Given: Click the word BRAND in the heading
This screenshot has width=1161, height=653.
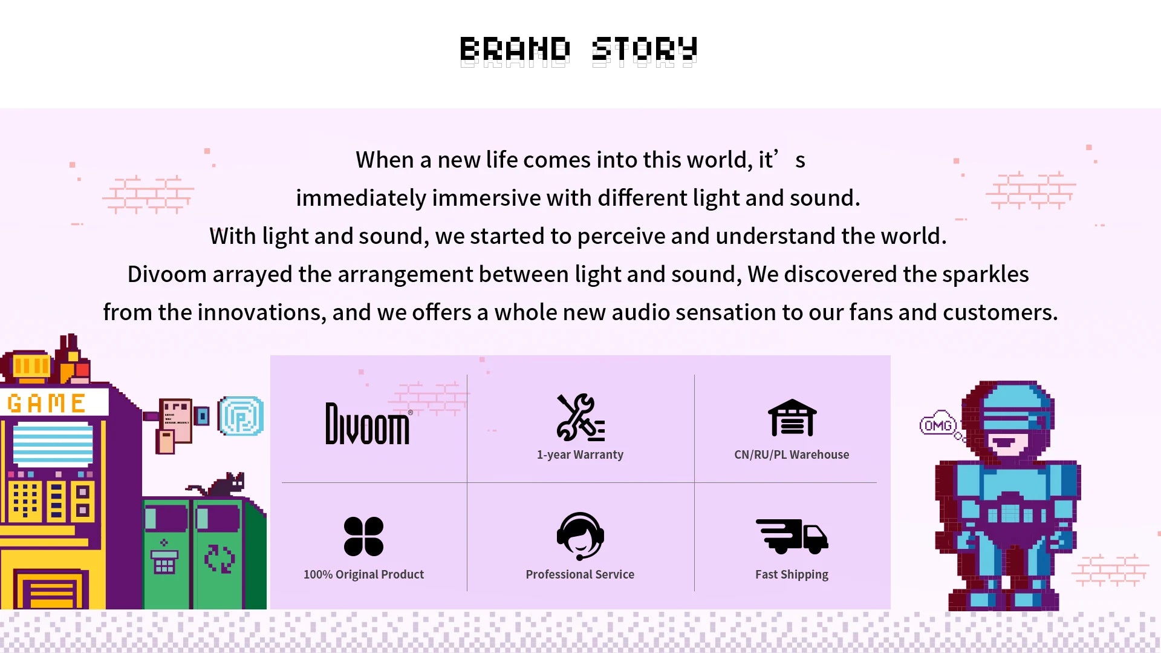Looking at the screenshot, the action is click(x=515, y=50).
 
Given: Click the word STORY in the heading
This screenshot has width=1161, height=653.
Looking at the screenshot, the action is click(x=645, y=50).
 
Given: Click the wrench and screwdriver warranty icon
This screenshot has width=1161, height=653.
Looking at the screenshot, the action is click(x=580, y=417).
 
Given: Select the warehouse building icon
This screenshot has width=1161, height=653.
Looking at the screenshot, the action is click(x=792, y=418).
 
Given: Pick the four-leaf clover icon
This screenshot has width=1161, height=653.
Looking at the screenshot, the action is click(x=363, y=536).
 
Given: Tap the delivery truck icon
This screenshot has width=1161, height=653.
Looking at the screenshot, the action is click(x=792, y=536).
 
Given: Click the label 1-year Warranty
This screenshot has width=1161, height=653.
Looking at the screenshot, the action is click(x=580, y=454).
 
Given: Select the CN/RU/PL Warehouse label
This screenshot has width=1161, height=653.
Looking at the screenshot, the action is click(x=792, y=454).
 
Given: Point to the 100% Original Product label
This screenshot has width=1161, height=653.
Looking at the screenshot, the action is click(x=363, y=574).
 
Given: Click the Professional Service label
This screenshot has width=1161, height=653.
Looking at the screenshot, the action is click(x=580, y=574).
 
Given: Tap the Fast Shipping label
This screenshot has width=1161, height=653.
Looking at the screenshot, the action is click(x=792, y=574).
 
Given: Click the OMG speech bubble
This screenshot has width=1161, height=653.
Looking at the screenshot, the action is click(x=938, y=425).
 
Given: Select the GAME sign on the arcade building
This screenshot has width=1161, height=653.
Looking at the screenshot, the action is click(x=47, y=403).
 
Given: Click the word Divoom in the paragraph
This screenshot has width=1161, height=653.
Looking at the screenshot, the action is click(x=167, y=274).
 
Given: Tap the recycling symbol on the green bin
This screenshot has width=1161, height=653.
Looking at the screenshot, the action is click(x=219, y=559).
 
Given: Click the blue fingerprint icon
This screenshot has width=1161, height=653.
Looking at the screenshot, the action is click(x=241, y=416).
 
